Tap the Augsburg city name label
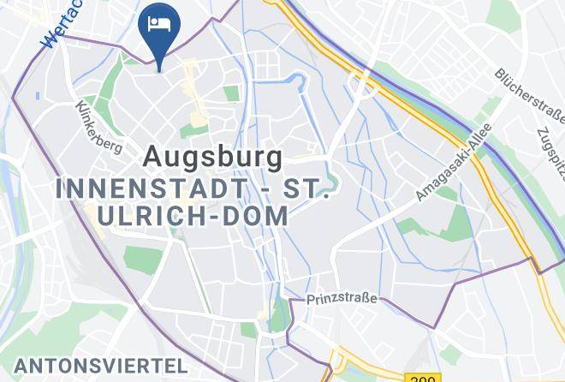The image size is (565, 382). pyautogui.click(x=212, y=157)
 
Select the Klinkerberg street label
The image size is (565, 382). pyautogui.click(x=98, y=128)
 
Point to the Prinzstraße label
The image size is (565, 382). pyautogui.click(x=342, y=301)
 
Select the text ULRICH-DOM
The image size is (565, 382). pyautogui.click(x=193, y=217)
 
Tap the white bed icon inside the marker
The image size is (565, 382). pyautogui.click(x=159, y=22)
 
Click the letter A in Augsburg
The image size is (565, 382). pyautogui.click(x=152, y=157)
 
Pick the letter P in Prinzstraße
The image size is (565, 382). pyautogui.click(x=311, y=301)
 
